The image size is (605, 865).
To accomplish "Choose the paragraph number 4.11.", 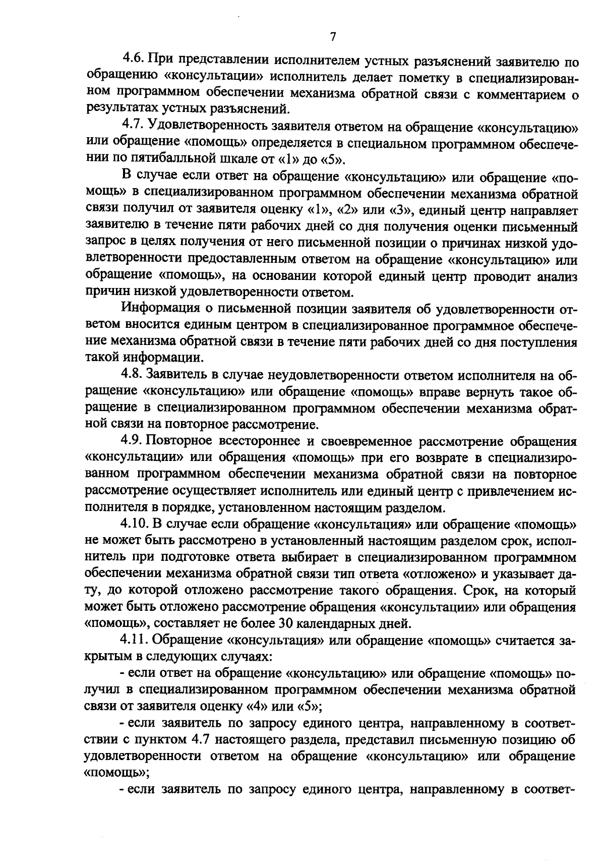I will (135, 640).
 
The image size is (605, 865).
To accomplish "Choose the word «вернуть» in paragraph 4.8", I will (464, 392).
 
